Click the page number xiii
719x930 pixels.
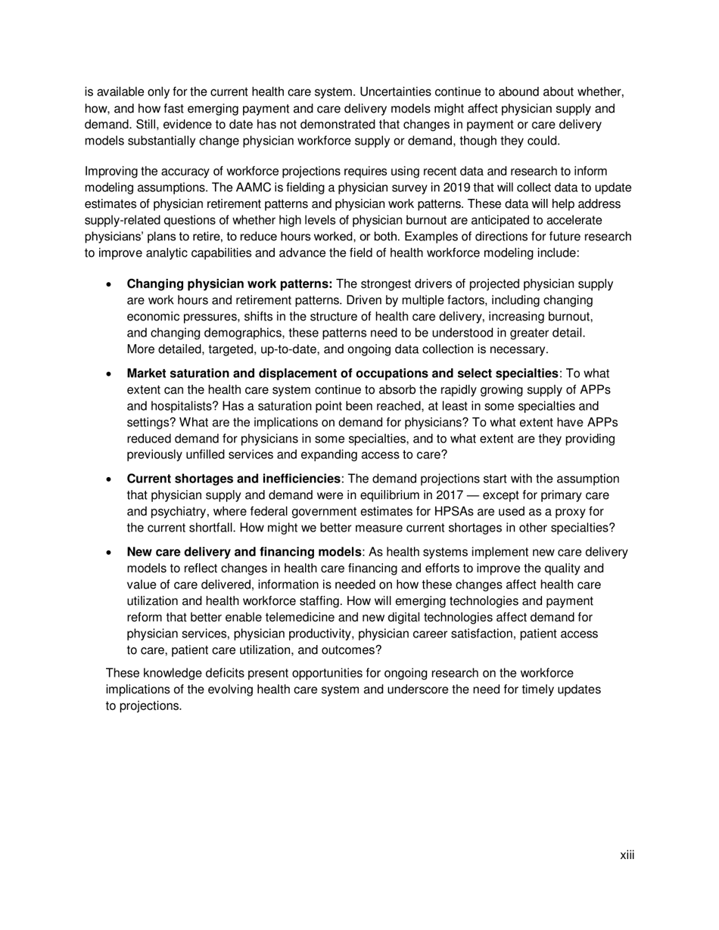click(x=627, y=855)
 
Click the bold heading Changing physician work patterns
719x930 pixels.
click(x=229, y=284)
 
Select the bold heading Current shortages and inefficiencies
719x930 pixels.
click(x=233, y=479)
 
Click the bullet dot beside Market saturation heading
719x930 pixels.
click(x=110, y=374)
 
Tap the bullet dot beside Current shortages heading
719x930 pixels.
click(x=110, y=479)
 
